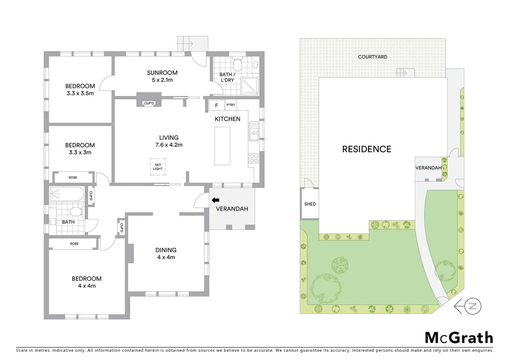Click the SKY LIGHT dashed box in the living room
(x=158, y=166)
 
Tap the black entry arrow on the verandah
(x=215, y=200)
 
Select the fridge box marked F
(x=216, y=105)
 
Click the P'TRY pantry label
(x=231, y=105)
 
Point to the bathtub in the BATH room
(x=67, y=194)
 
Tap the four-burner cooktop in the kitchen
(x=254, y=158)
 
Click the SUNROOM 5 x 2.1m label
(x=162, y=76)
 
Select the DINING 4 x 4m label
(x=166, y=253)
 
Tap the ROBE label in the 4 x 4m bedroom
(x=74, y=244)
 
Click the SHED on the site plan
(x=310, y=204)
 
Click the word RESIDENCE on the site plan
(x=367, y=149)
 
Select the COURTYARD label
(x=373, y=57)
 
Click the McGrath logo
(x=459, y=338)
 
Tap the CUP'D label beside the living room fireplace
(x=149, y=103)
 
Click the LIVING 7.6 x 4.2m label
(x=169, y=141)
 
